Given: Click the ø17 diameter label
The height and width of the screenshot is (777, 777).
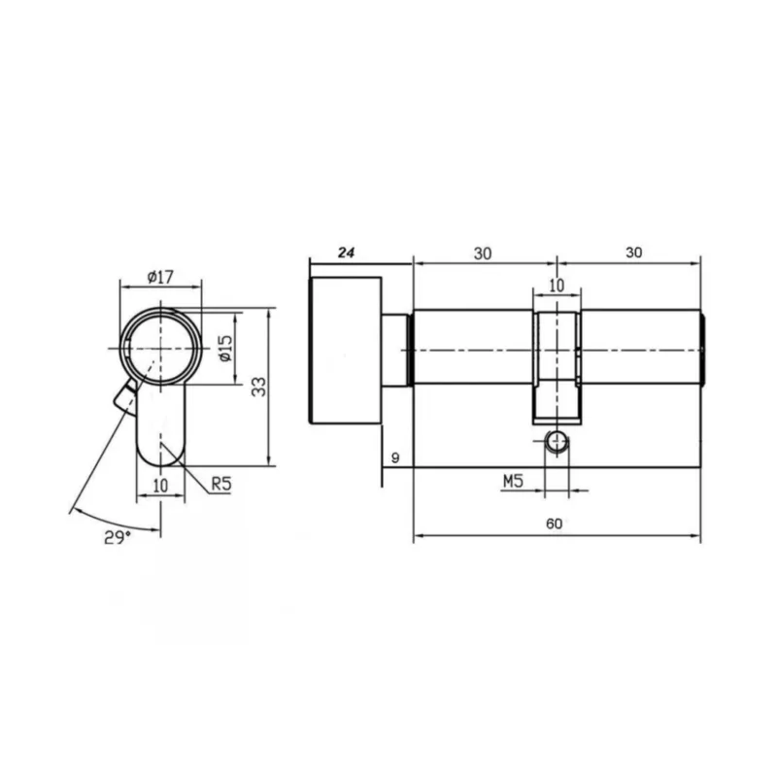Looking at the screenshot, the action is (160, 277).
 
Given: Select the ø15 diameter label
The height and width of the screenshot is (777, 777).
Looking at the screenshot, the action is (225, 348).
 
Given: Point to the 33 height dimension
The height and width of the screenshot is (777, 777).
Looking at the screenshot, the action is (258, 387).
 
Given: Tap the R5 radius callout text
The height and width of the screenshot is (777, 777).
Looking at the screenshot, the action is (221, 483).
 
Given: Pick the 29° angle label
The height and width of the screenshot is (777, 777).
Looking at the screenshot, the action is (118, 537).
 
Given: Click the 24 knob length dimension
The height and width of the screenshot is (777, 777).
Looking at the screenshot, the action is (347, 253).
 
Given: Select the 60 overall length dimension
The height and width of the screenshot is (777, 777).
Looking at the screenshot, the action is (554, 524).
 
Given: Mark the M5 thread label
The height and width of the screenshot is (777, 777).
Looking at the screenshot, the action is (513, 481).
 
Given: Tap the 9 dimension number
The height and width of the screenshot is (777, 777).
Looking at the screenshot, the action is (395, 457).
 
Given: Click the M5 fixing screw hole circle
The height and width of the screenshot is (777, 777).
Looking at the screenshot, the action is (557, 442).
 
